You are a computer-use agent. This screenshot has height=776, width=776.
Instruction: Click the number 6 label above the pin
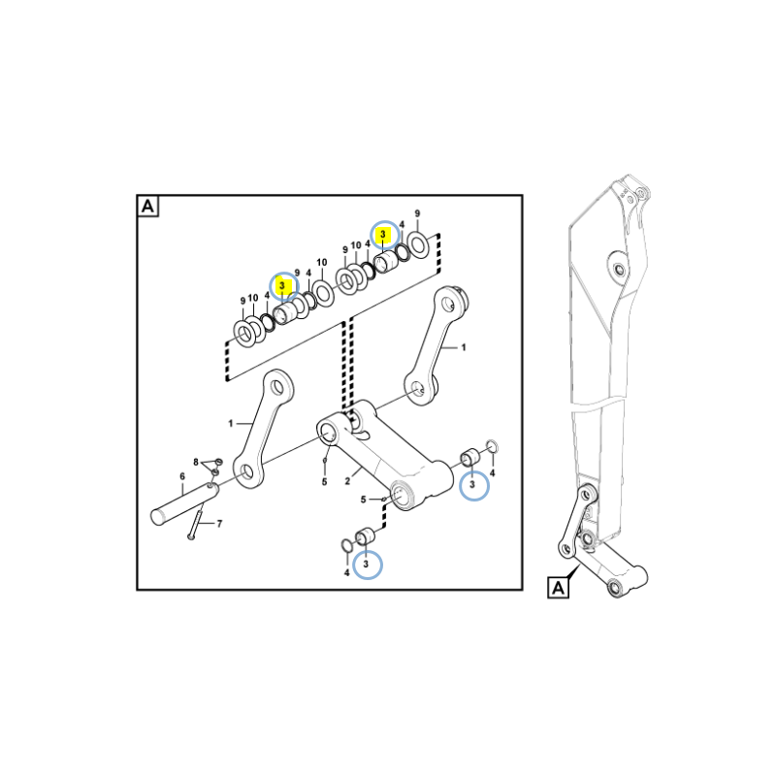[x=182, y=476]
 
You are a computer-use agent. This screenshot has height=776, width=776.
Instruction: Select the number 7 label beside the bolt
[x=220, y=524]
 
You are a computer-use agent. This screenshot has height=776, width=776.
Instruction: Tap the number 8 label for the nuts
[x=196, y=463]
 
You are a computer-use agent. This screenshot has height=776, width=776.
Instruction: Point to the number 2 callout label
[x=347, y=481]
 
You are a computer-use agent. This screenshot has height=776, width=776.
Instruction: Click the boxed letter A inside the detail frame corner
[x=148, y=206]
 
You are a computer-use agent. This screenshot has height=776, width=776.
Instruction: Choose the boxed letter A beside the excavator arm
[x=558, y=588]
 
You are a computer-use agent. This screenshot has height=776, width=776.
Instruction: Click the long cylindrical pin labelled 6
[x=184, y=502]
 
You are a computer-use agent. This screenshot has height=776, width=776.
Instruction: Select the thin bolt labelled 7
[x=197, y=521]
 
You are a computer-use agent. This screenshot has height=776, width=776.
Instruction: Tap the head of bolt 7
[x=191, y=536]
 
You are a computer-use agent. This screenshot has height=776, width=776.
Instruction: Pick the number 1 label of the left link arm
[x=230, y=424]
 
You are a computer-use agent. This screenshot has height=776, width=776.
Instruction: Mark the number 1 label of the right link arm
[x=464, y=347]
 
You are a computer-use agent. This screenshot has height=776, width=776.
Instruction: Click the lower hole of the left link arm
[x=247, y=471]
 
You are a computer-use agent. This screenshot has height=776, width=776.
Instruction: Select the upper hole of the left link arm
[x=278, y=385]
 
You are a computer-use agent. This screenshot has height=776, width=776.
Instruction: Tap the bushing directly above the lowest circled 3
[x=366, y=536]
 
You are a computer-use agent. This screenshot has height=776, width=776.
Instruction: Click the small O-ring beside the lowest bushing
[x=347, y=545]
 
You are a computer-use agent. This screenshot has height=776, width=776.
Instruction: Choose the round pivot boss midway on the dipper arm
[x=619, y=271]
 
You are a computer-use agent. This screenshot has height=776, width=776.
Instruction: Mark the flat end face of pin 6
[x=158, y=517]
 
